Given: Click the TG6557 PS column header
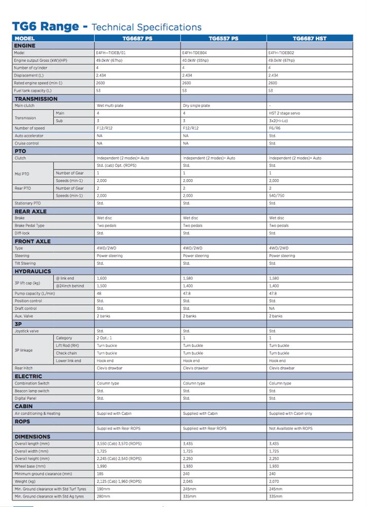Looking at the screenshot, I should pos(224,39).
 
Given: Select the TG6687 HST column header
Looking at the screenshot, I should pos(310,39).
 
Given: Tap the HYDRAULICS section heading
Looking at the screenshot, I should pos(32,271).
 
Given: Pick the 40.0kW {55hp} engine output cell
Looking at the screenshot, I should pos(195,60).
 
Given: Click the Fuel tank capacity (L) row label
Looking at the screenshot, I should pos(33,91).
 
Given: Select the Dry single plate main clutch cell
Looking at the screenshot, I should pos(196,106).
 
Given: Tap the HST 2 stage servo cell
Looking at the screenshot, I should pos(285,114).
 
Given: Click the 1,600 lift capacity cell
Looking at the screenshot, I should pos(101,278).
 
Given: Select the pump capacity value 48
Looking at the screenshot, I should pos(99,294).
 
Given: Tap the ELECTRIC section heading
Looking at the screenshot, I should pos(28,376).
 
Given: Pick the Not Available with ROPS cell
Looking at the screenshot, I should pos(290,428).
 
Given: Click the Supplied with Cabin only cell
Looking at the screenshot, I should pos(290,414).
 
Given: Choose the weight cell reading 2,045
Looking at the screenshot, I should pos(188,481).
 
